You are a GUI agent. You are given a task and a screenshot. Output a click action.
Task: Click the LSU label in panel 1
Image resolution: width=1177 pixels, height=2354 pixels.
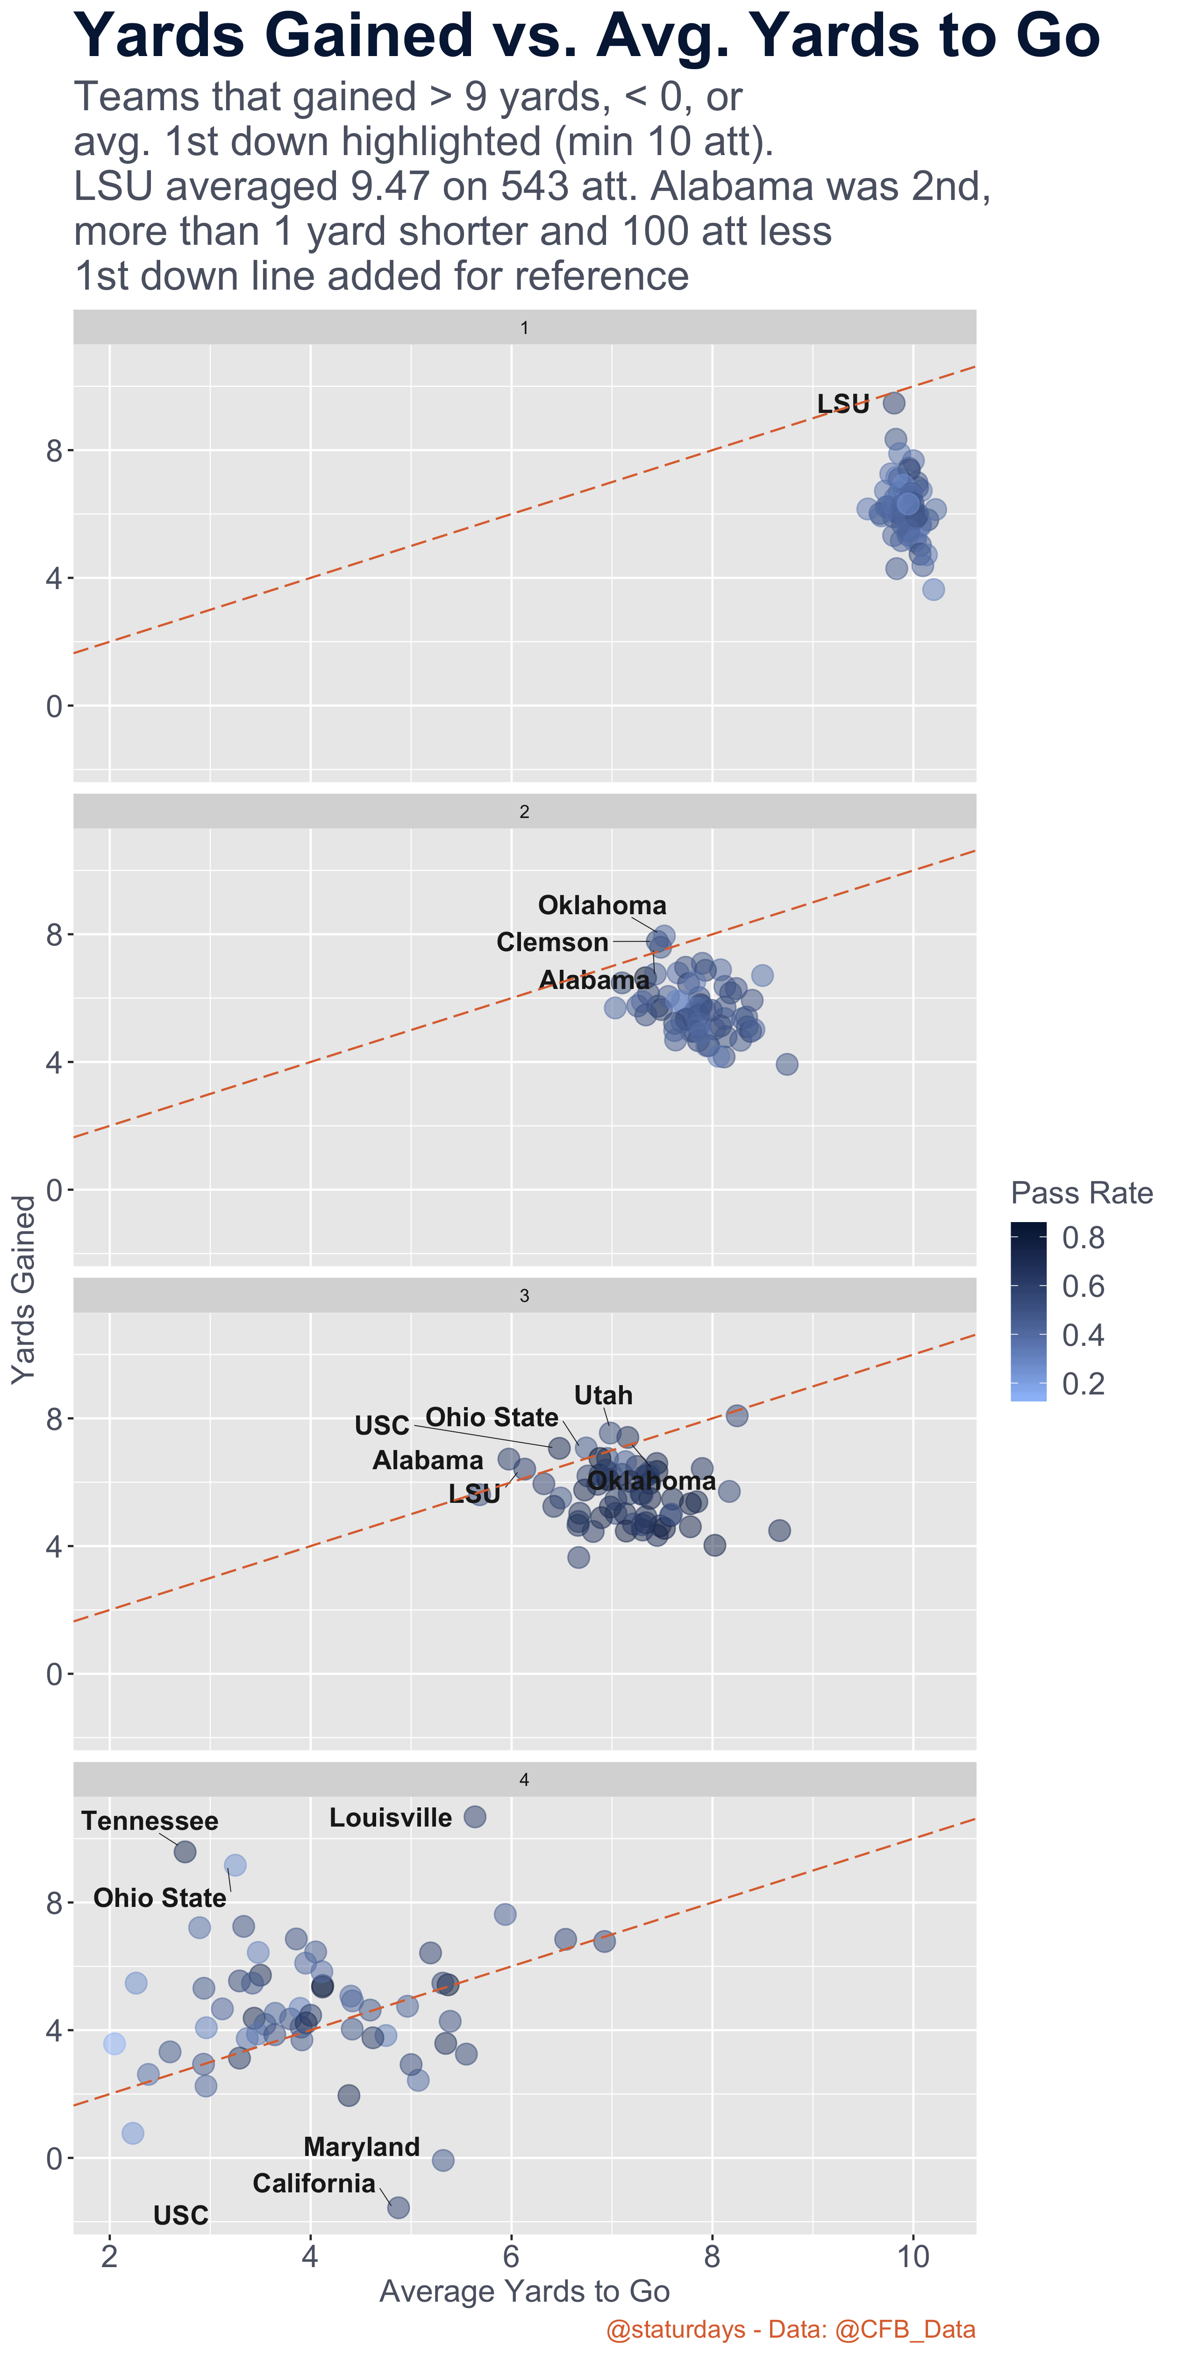pos(842,404)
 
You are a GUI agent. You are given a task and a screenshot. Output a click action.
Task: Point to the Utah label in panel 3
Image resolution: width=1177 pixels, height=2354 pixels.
pos(603,1395)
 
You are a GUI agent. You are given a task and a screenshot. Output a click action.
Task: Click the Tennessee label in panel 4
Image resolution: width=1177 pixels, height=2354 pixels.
pos(150,1821)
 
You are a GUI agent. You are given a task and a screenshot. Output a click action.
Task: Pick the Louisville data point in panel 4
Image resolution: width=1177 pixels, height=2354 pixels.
pos(474,1817)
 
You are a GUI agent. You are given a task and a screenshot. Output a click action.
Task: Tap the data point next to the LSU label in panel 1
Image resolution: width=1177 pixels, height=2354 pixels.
pos(894,403)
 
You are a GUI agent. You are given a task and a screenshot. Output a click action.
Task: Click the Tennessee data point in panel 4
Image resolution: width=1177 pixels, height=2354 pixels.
pos(185,1851)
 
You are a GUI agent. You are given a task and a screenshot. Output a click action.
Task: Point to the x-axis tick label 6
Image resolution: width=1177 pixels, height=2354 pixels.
pos(511,2256)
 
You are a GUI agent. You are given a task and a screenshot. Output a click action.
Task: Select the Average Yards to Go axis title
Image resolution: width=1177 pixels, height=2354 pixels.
pos(525,2292)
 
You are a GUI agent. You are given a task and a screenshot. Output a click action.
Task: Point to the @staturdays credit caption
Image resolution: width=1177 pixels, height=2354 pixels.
pos(791,2329)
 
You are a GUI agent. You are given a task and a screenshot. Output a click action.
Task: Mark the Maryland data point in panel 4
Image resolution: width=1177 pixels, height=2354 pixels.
pos(442,2160)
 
